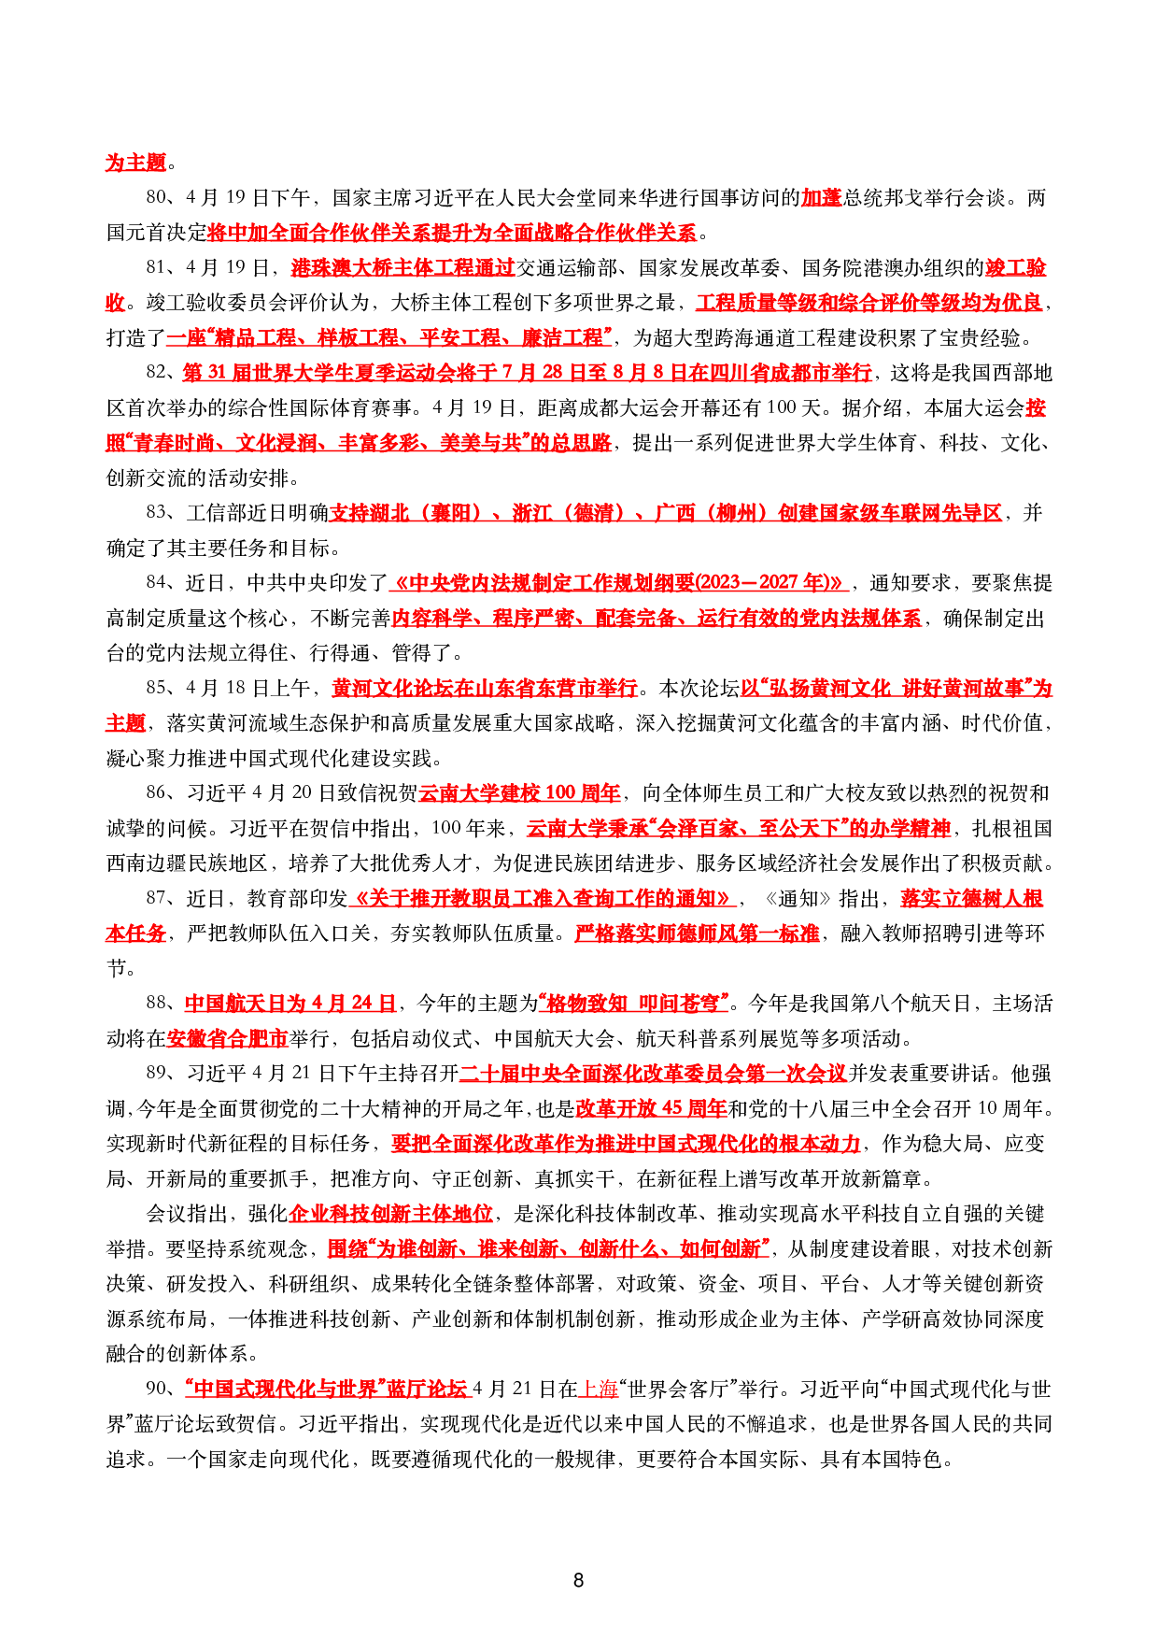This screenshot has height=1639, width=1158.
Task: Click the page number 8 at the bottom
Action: [578, 1580]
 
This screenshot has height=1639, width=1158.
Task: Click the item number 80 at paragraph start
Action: [157, 197]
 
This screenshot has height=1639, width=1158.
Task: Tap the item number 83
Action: [157, 512]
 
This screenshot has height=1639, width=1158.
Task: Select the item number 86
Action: [157, 792]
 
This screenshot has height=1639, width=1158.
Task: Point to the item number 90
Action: [157, 1389]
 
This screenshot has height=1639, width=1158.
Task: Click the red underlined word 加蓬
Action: [822, 197]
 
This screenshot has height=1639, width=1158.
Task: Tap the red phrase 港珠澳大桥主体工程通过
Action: [402, 267]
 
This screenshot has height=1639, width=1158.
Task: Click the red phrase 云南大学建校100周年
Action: [519, 792]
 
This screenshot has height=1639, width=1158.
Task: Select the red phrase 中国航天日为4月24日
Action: [290, 1003]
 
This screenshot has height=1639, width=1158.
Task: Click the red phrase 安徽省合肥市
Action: [227, 1038]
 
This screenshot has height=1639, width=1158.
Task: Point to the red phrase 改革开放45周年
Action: [651, 1108]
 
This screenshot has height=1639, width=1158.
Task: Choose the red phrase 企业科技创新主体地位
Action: [390, 1213]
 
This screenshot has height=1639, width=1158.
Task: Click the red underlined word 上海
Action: [600, 1389]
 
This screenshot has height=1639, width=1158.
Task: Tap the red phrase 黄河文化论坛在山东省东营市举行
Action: [485, 688]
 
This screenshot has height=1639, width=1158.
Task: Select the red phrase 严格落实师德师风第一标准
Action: [697, 933]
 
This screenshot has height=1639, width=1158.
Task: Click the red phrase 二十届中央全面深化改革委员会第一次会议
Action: [653, 1073]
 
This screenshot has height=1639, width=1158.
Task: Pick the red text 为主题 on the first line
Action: [135, 162]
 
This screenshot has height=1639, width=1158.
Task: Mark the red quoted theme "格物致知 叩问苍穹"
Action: [633, 1003]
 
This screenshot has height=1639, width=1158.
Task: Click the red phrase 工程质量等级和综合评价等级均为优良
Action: [868, 302]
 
